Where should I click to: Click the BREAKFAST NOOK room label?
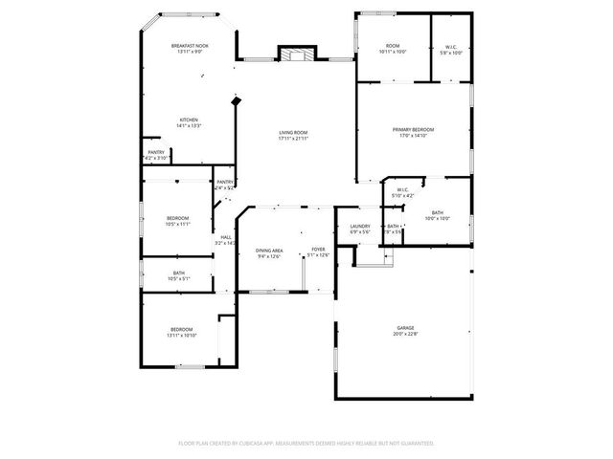click(x=189, y=46)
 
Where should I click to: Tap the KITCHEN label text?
click(x=189, y=120)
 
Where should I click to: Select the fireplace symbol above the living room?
click(x=291, y=54)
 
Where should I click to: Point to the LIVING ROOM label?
click(x=293, y=132)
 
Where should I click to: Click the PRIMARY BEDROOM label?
click(x=413, y=129)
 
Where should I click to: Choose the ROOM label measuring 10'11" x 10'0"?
click(x=393, y=46)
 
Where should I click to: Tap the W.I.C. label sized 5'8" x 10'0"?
click(x=451, y=47)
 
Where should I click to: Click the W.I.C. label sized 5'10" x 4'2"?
click(x=403, y=189)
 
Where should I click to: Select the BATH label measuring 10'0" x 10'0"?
click(x=437, y=212)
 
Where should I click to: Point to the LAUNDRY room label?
click(x=360, y=226)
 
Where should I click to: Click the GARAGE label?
click(x=404, y=328)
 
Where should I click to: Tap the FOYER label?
click(x=318, y=250)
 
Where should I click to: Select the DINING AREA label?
click(x=269, y=250)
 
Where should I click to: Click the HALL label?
click(x=226, y=237)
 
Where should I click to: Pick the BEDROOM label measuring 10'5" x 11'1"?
click(x=177, y=218)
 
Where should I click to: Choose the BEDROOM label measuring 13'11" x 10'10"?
click(x=182, y=330)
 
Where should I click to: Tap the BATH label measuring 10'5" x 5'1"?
click(x=179, y=273)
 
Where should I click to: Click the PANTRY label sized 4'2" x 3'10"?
click(x=156, y=151)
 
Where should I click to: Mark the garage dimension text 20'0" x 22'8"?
click(x=404, y=334)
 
